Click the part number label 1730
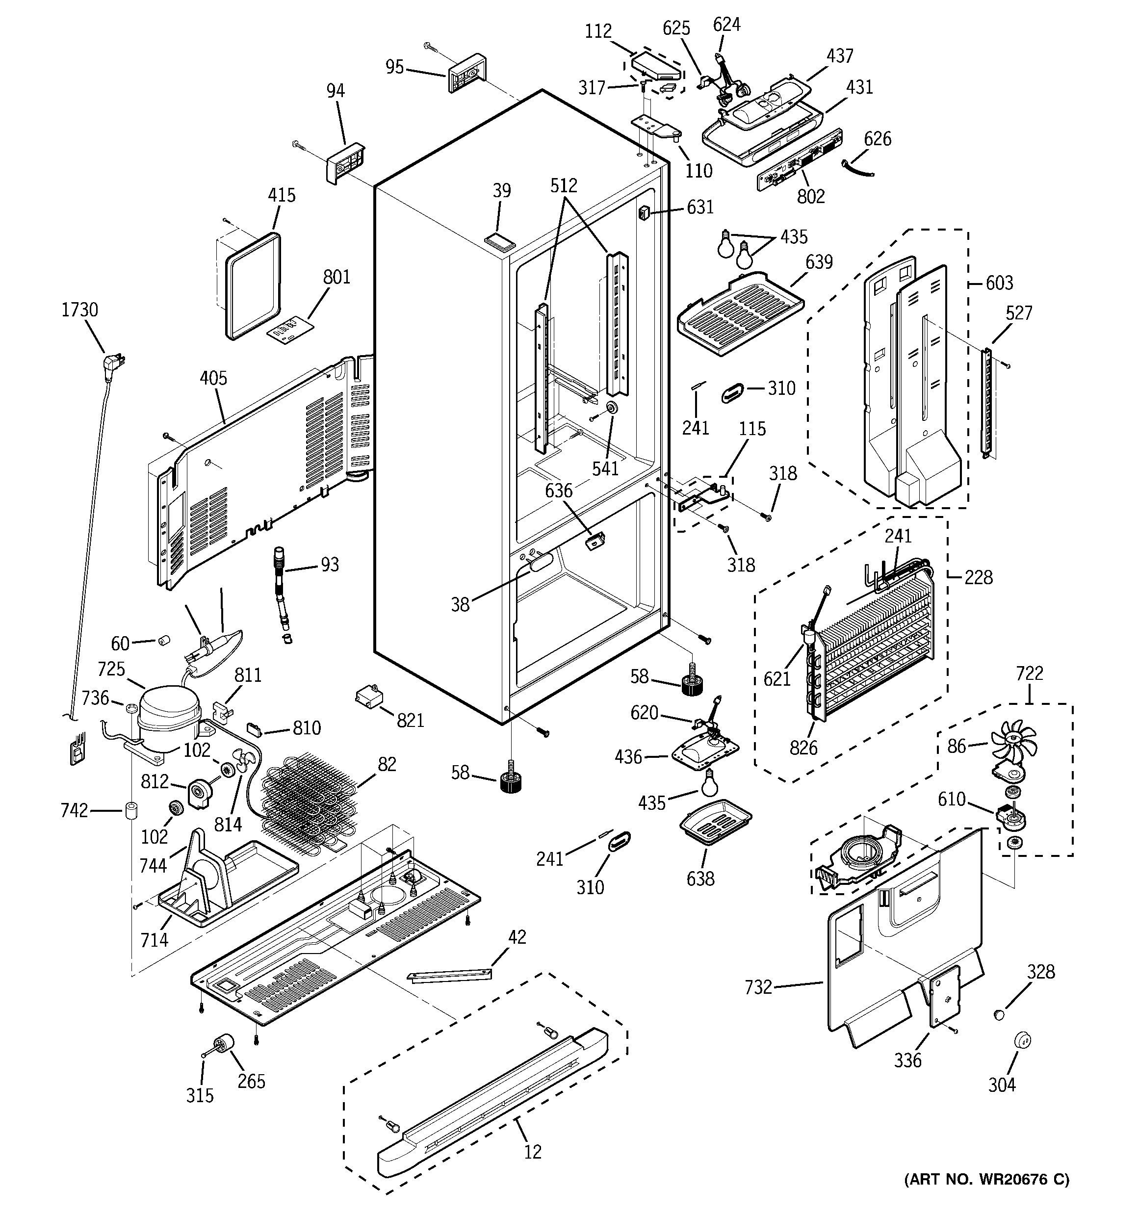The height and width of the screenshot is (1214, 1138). point(79,310)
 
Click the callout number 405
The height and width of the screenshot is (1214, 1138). point(213,379)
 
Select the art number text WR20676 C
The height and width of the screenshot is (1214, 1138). point(986,1196)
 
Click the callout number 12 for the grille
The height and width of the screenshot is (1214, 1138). point(533,1152)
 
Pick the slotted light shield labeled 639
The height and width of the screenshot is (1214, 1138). point(739,312)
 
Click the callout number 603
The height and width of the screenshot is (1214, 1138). point(999,283)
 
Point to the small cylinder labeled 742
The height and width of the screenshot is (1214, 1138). point(130,811)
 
